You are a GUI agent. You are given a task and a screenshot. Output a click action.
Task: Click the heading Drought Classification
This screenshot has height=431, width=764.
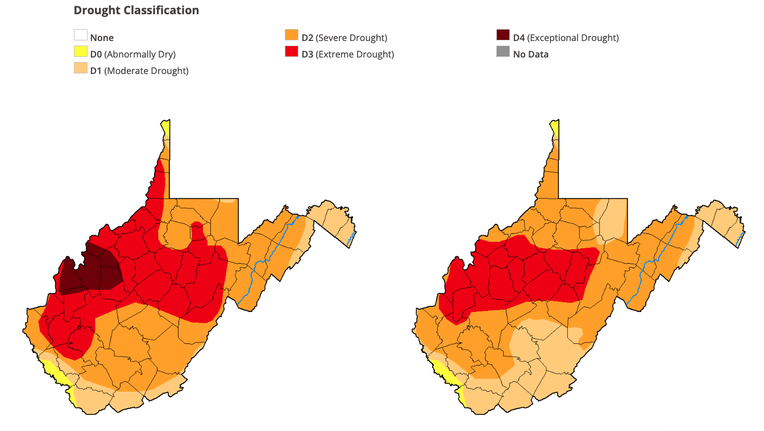136,10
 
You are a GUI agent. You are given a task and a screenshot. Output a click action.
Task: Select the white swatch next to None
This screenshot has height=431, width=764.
81,36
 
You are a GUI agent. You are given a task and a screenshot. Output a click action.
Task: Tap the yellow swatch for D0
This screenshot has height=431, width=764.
81,52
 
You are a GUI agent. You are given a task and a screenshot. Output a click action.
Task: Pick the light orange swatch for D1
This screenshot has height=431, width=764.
81,69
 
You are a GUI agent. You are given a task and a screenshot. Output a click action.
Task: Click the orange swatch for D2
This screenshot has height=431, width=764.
292,36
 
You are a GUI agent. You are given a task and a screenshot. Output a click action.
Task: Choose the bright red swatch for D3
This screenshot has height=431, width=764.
292,52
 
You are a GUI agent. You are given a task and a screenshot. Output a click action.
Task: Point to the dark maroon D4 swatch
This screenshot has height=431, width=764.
503,36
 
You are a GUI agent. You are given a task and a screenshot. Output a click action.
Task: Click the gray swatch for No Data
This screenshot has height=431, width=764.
503,52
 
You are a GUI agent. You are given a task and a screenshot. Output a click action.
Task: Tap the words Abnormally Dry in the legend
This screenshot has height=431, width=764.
140,55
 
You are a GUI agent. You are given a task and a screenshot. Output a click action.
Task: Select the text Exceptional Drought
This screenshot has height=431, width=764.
573,38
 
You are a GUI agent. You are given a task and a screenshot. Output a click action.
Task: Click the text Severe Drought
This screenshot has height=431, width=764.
351,38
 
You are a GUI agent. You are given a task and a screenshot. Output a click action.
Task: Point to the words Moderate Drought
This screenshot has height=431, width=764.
146,71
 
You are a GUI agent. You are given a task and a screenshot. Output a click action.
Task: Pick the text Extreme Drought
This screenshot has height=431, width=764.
355,55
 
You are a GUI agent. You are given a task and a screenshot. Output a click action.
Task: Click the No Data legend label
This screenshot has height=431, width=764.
530,55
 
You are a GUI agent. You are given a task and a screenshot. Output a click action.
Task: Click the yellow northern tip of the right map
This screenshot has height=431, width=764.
554,129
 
